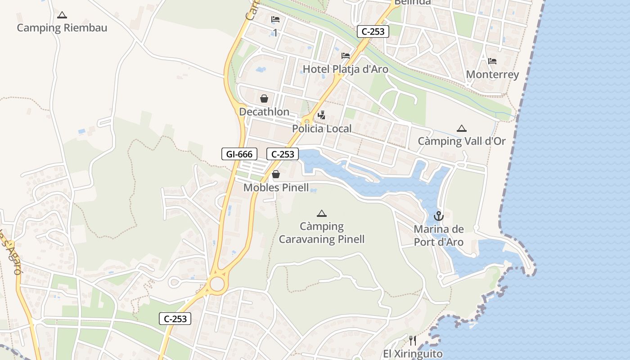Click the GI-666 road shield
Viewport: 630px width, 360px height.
pyautogui.click(x=239, y=154)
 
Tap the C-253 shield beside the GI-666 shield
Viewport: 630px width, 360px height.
pyautogui.click(x=283, y=154)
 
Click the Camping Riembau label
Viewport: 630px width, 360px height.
pyautogui.click(x=62, y=28)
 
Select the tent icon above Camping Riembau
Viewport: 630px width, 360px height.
pyautogui.click(x=62, y=15)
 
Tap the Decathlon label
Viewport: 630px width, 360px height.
pyautogui.click(x=264, y=112)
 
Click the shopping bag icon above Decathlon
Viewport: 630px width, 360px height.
pyautogui.click(x=264, y=99)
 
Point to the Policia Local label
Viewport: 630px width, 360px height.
pyautogui.click(x=322, y=129)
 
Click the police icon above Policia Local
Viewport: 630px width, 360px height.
pyautogui.click(x=321, y=116)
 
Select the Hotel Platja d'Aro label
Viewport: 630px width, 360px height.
pyautogui.click(x=346, y=69)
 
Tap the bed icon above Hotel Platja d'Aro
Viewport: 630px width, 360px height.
pyautogui.click(x=346, y=56)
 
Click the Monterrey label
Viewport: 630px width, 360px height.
pyautogui.click(x=492, y=75)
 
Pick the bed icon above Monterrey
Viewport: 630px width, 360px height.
pyautogui.click(x=492, y=61)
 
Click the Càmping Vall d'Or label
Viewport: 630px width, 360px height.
pyautogui.click(x=462, y=141)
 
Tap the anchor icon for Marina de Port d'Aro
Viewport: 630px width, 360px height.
pyautogui.click(x=439, y=216)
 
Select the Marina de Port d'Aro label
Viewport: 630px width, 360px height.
pyautogui.click(x=439, y=236)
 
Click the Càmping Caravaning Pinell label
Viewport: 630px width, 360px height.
pyautogui.click(x=322, y=233)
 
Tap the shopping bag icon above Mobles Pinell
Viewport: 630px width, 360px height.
pyautogui.click(x=276, y=174)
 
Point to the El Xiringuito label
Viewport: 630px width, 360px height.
pyautogui.click(x=413, y=354)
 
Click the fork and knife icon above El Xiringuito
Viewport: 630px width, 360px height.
pyautogui.click(x=413, y=341)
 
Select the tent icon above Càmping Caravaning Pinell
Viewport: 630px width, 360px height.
pyautogui.click(x=321, y=213)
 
